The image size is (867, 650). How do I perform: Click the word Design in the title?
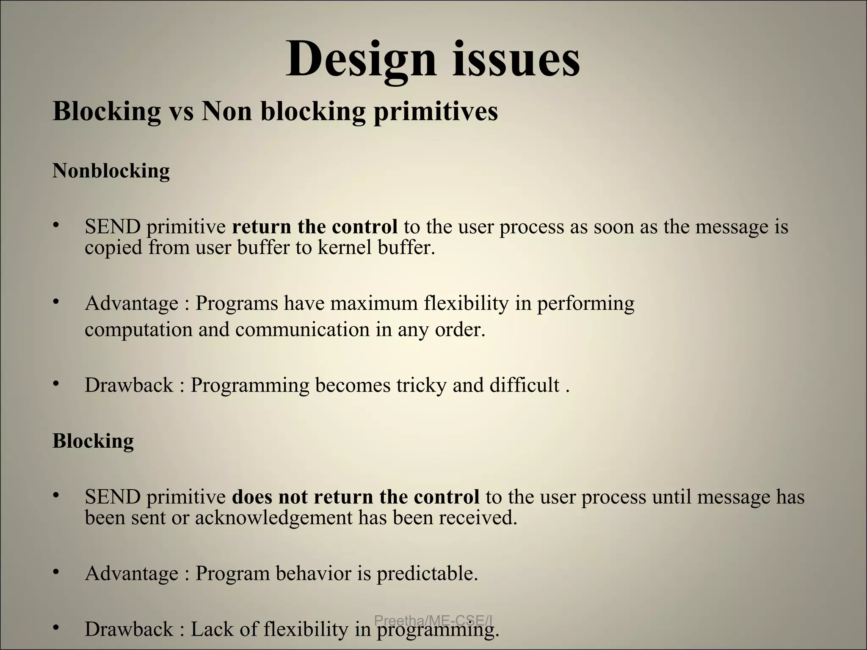(361, 59)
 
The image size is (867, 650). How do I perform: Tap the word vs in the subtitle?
(181, 112)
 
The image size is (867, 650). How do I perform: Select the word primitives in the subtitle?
(436, 112)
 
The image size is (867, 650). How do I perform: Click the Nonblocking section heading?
(111, 171)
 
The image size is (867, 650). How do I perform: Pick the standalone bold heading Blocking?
(93, 441)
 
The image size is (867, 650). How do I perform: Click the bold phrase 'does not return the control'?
(356, 497)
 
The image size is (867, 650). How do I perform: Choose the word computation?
(138, 330)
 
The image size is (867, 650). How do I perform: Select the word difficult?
(525, 385)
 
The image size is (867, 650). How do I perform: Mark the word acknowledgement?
(273, 517)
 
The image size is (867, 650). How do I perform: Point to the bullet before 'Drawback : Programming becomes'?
(55, 383)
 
